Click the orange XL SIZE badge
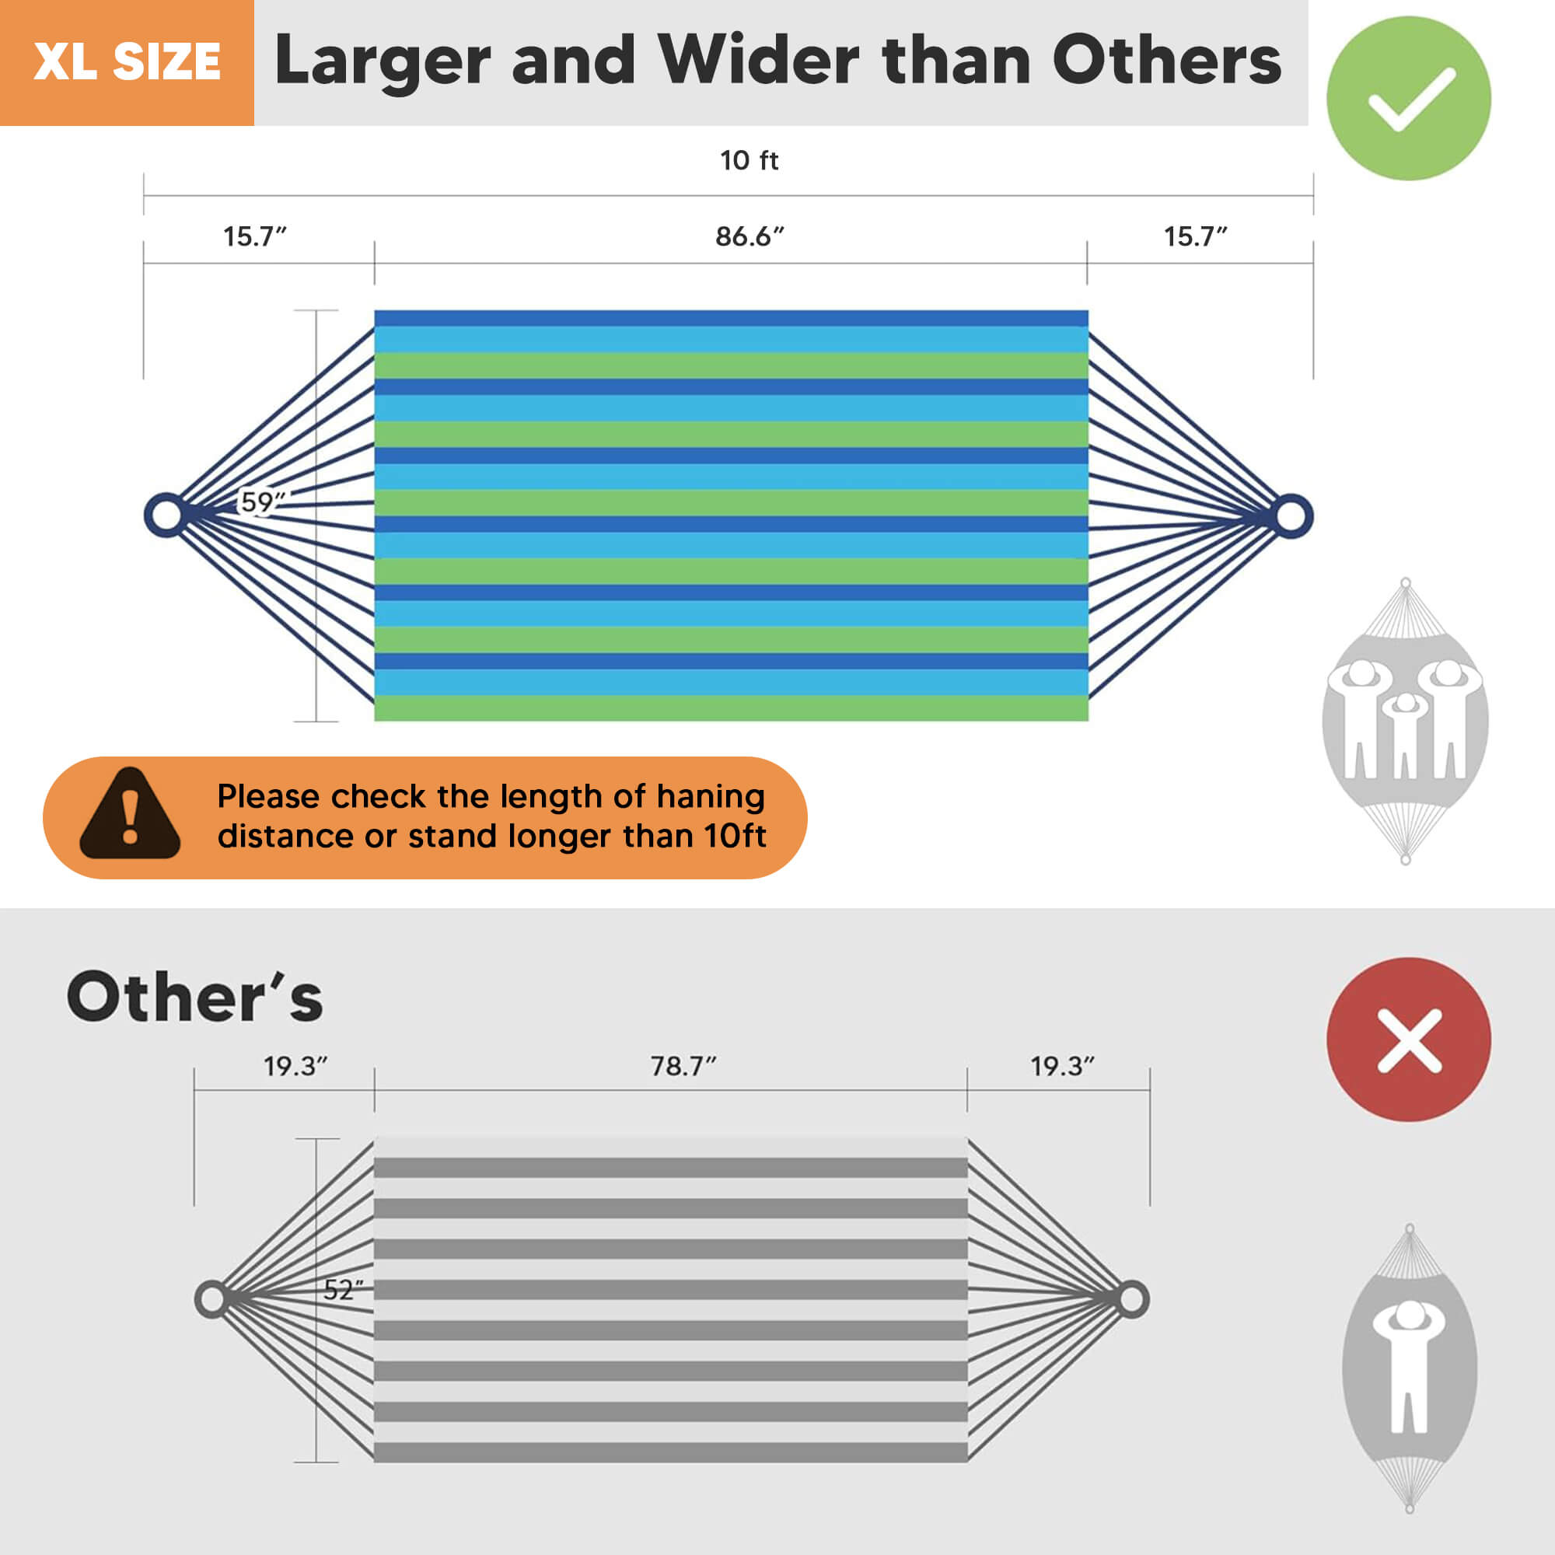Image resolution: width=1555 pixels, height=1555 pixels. [x=128, y=63]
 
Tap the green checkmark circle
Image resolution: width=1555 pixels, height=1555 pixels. [x=1409, y=98]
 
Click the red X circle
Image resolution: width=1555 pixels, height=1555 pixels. [x=1409, y=1039]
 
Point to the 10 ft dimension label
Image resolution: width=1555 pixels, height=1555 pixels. [x=750, y=160]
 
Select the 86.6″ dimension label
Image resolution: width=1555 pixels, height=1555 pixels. [x=750, y=236]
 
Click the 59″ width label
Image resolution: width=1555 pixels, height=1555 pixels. [x=262, y=501]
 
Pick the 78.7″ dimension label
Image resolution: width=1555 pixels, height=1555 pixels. [x=683, y=1066]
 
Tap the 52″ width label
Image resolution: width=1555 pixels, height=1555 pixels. [x=344, y=1289]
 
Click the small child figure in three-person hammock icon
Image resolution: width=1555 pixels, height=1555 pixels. [x=1404, y=732]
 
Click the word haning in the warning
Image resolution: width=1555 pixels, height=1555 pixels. [x=711, y=797]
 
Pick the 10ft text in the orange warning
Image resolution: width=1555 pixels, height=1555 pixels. [x=735, y=836]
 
